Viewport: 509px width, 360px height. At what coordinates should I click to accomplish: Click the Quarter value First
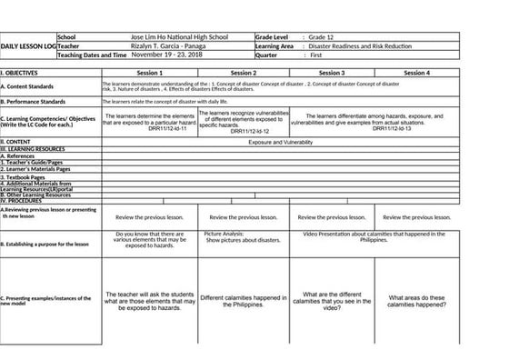319,55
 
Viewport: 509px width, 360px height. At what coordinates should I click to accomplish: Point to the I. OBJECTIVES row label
20,71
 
